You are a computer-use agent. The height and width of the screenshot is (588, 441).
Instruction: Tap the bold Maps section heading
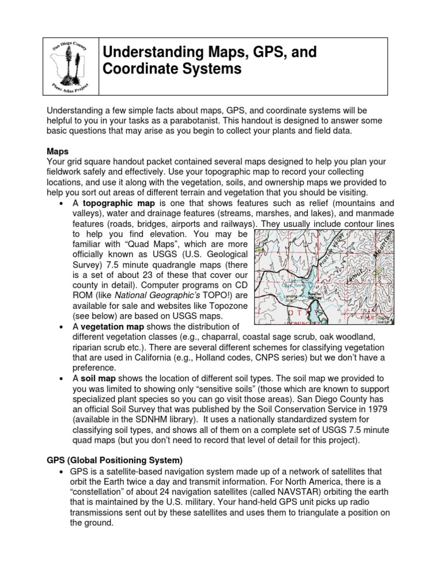57,152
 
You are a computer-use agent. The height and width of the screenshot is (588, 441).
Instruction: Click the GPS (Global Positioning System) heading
114,460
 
